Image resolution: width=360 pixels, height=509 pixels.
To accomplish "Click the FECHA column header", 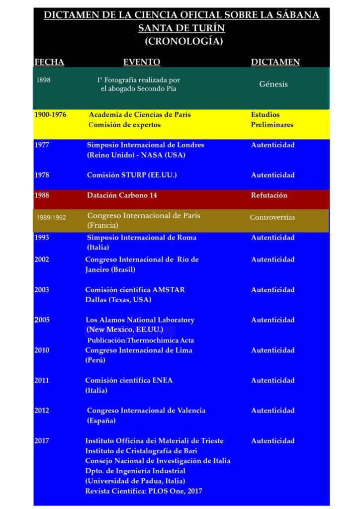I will click(x=49, y=62).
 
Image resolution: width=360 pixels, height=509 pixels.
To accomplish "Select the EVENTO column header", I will click(x=142, y=62).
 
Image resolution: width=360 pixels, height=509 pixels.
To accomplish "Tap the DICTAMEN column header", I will click(x=275, y=62).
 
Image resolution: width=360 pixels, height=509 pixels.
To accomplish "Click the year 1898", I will click(x=43, y=80).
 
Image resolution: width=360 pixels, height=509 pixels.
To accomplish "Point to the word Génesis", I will click(x=273, y=84).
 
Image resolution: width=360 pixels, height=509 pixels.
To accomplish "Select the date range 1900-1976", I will click(x=50, y=114).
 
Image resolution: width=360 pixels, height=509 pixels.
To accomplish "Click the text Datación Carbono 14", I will click(x=122, y=195).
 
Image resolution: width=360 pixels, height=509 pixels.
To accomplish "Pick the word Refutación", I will click(x=269, y=195).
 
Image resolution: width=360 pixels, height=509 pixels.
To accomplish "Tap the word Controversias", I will click(x=272, y=217).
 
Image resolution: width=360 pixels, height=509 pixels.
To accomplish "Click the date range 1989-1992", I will click(x=51, y=218).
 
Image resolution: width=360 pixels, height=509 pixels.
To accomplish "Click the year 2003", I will click(x=42, y=290).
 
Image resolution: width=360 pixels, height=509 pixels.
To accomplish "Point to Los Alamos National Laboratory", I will click(x=140, y=320).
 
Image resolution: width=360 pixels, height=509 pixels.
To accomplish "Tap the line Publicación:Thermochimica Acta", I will click(x=141, y=340).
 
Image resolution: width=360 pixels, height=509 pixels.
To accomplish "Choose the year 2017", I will click(x=42, y=441).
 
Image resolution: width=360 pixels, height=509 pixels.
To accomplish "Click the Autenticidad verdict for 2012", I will click(x=272, y=411).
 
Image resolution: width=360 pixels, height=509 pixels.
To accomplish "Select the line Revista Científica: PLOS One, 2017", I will click(x=144, y=492).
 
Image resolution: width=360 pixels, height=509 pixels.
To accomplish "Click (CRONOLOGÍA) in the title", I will click(x=183, y=41).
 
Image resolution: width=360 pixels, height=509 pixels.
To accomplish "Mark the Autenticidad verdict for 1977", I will click(x=272, y=145).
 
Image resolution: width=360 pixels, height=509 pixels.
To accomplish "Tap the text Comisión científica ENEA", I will click(x=129, y=380).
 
